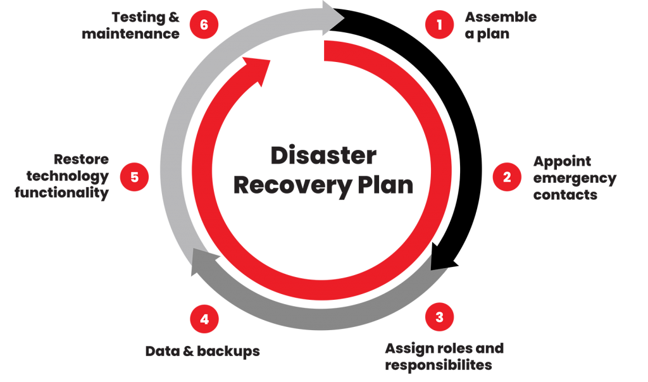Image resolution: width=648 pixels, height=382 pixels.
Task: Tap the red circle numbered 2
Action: click(507, 177)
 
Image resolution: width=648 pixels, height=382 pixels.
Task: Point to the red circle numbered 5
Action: click(134, 177)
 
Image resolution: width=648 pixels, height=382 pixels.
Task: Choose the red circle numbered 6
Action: click(204, 25)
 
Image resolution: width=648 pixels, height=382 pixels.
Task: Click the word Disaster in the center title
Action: click(323, 156)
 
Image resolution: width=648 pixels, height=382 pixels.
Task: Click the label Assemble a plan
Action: click(500, 25)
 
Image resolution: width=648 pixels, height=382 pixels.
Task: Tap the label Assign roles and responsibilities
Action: click(444, 356)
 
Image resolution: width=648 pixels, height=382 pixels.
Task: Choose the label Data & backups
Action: click(202, 352)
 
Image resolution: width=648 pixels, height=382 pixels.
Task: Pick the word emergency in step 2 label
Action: click(574, 178)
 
